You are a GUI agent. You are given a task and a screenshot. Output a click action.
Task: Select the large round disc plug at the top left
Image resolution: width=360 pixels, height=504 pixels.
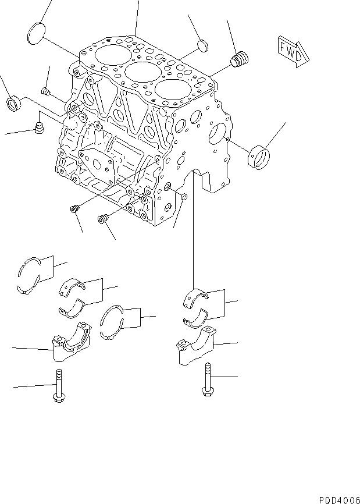tap(37, 32)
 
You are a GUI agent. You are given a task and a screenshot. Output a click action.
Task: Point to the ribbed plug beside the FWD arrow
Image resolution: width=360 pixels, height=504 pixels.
tap(239, 60)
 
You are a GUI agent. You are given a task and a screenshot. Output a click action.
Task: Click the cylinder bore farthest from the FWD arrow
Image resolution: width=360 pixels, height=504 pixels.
tap(109, 55)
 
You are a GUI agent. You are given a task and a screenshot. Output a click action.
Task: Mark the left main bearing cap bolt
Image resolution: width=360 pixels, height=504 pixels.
tap(58, 387)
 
